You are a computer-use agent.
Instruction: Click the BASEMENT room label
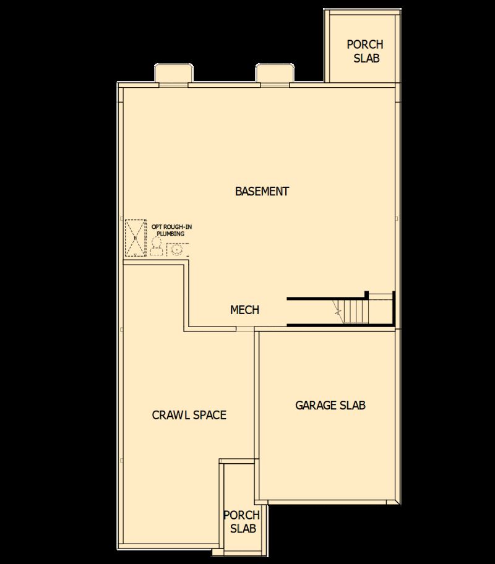262,191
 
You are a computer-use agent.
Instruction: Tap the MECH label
244,310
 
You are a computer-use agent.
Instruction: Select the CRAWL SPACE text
189,415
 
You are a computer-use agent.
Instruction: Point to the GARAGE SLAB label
330,405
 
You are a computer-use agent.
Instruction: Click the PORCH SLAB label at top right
364,51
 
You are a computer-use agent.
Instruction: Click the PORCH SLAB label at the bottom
241,522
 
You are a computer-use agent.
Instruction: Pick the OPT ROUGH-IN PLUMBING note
167,230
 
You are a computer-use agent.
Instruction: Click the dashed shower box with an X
134,237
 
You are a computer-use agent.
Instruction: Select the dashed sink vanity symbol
178,250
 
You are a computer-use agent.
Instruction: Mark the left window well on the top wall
171,74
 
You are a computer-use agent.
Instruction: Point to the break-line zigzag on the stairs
338,312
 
